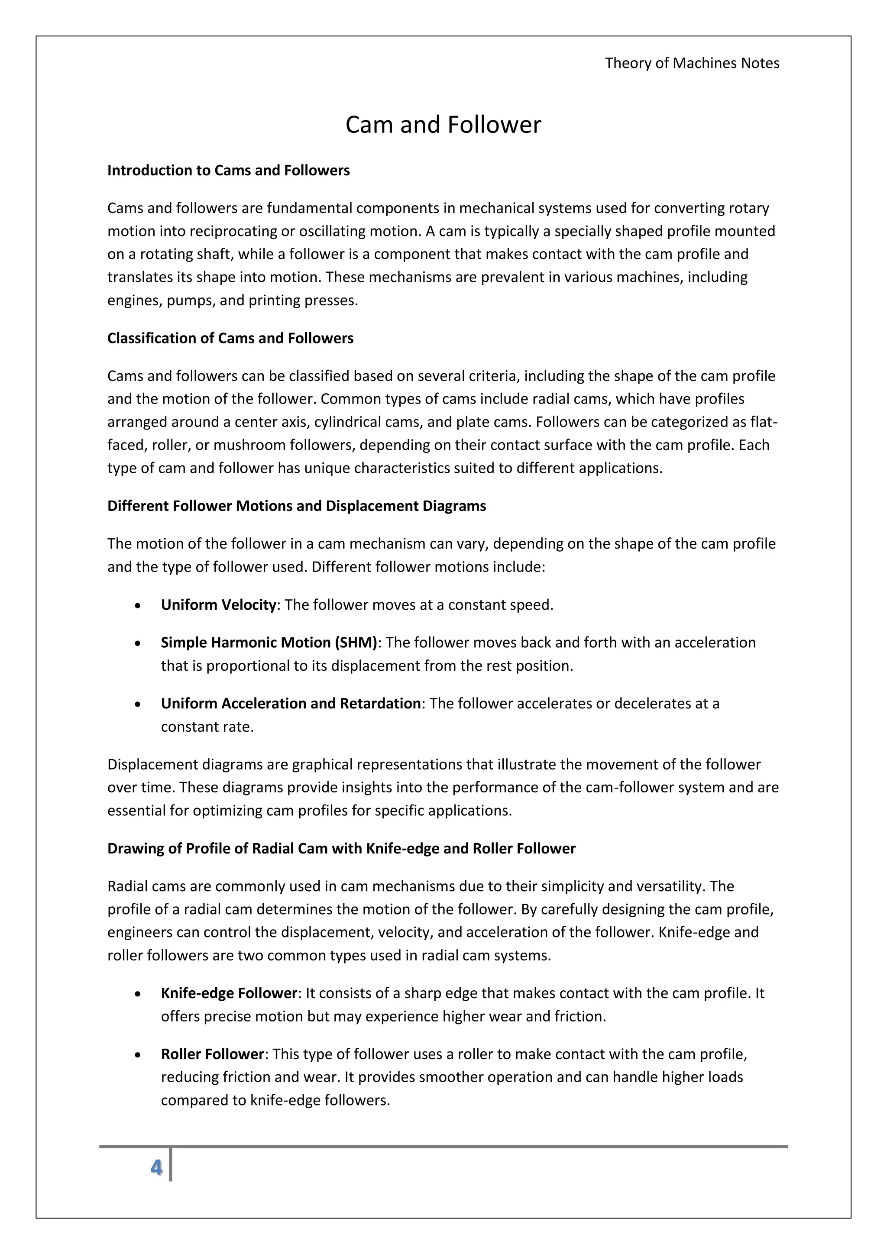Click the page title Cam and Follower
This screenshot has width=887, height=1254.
(x=443, y=125)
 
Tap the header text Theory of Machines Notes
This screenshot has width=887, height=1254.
(x=692, y=63)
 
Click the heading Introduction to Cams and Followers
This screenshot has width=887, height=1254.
(x=228, y=171)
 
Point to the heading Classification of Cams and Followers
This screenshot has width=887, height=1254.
(x=230, y=338)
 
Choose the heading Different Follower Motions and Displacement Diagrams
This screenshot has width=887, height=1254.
(x=296, y=506)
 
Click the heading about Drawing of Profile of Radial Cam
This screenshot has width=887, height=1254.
(x=341, y=848)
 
